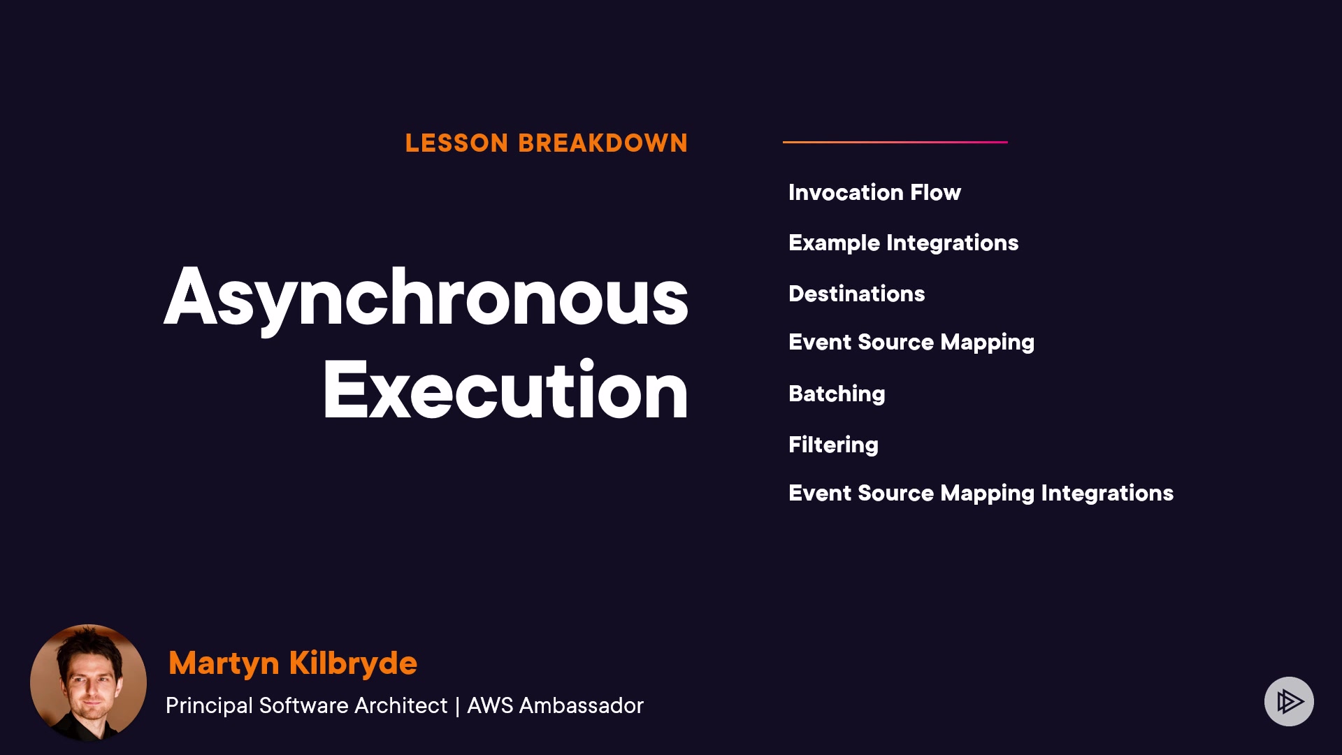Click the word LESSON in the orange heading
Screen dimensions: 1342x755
456,143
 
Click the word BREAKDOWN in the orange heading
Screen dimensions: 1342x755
603,143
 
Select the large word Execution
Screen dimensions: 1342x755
505,389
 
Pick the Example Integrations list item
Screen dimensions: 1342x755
903,243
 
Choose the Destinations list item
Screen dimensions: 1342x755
856,294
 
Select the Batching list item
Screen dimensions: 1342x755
837,394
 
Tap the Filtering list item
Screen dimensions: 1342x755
833,445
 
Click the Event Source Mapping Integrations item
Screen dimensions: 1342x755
981,494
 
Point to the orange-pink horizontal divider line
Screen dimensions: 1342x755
895,142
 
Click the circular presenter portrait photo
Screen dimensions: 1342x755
88,682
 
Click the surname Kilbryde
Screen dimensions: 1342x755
353,663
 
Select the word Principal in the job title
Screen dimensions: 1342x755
209,706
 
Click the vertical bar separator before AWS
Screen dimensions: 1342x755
457,707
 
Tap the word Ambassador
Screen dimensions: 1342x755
581,706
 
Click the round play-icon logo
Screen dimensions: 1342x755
1289,701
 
